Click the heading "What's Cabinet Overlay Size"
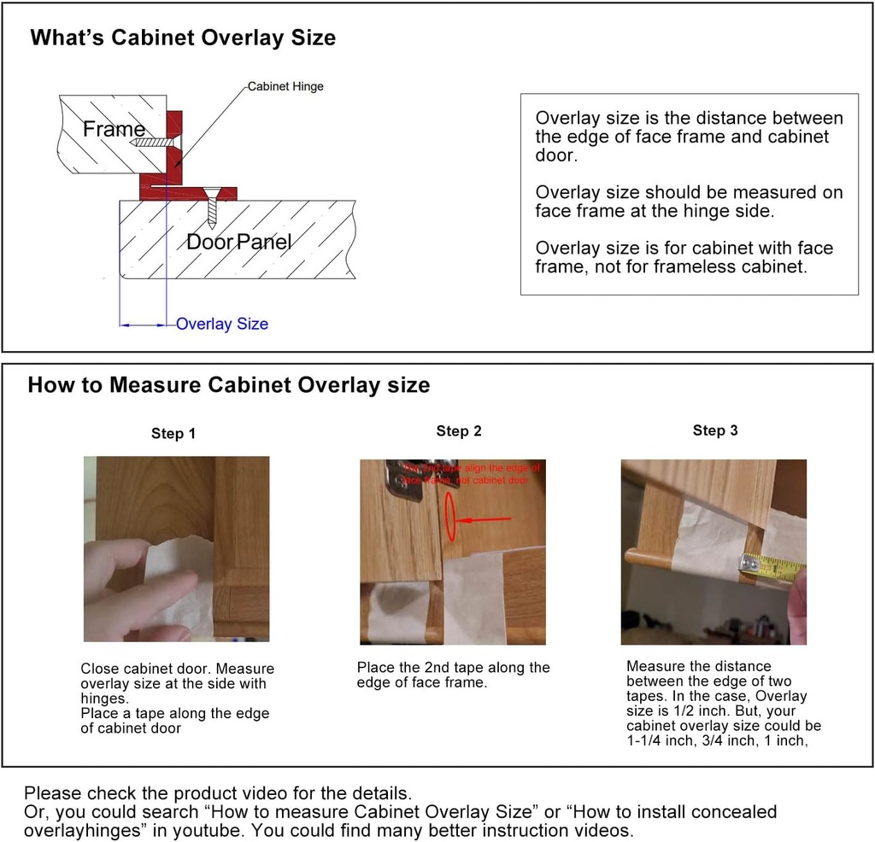pyautogui.click(x=183, y=38)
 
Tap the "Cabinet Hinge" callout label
pyautogui.click(x=285, y=86)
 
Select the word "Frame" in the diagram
pyautogui.click(x=114, y=130)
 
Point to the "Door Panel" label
pyautogui.click(x=239, y=242)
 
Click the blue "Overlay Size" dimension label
pyautogui.click(x=222, y=324)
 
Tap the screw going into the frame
pyautogui.click(x=154, y=142)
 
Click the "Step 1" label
pyautogui.click(x=173, y=434)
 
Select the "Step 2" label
pyautogui.click(x=459, y=431)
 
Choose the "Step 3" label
pyautogui.click(x=715, y=430)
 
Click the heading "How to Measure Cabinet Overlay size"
pyautogui.click(x=229, y=385)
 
